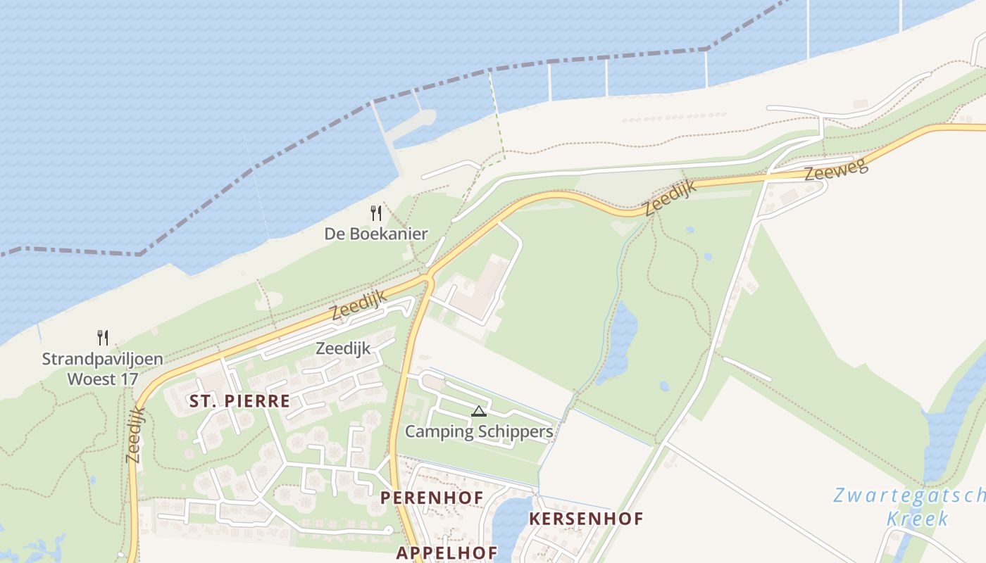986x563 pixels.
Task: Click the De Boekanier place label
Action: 376,234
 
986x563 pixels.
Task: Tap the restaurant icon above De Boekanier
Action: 376,213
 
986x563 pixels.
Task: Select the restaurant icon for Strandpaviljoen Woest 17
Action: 103,338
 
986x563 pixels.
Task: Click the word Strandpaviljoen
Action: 102,359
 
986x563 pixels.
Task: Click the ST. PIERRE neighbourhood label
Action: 239,401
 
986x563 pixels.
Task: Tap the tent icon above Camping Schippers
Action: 479,411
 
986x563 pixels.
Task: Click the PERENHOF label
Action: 432,498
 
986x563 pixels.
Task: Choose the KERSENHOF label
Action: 586,519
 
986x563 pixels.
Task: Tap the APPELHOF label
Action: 447,552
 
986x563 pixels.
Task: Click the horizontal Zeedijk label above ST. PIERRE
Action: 343,348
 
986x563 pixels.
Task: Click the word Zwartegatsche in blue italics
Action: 909,495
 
